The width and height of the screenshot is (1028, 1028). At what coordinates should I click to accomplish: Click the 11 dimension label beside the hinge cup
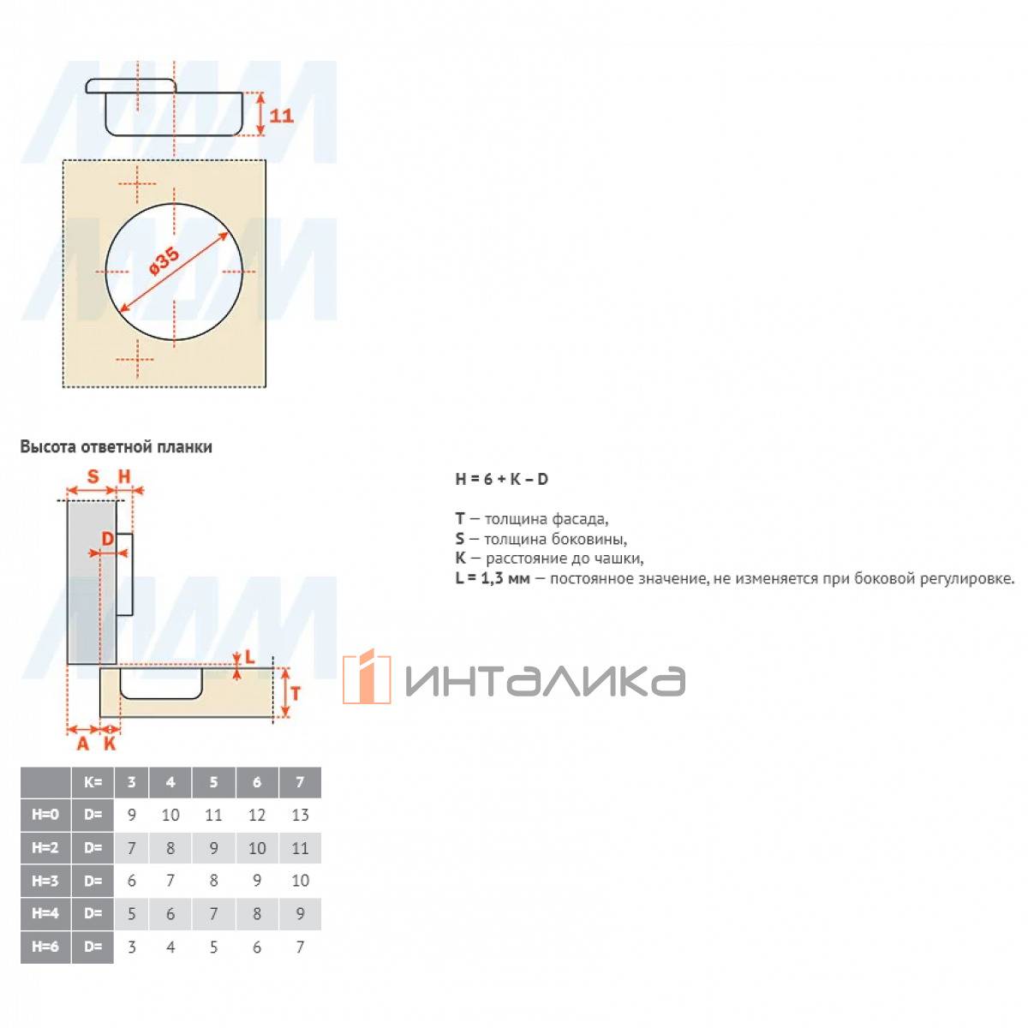[281, 116]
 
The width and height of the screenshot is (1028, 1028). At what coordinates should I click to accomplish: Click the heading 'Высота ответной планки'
[116, 446]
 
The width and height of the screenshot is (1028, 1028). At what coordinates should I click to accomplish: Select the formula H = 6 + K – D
[501, 479]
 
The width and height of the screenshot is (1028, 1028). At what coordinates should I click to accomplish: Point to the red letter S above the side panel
[93, 475]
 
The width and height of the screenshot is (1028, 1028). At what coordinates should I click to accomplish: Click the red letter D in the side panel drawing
[108, 539]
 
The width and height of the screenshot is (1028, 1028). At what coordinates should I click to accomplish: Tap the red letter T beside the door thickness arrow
[296, 694]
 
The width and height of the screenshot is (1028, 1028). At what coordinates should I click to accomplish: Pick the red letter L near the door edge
[249, 657]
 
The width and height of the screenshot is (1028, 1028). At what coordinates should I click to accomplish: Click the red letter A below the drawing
[83, 743]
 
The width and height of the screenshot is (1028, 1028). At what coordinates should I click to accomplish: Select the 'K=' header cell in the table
[93, 782]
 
